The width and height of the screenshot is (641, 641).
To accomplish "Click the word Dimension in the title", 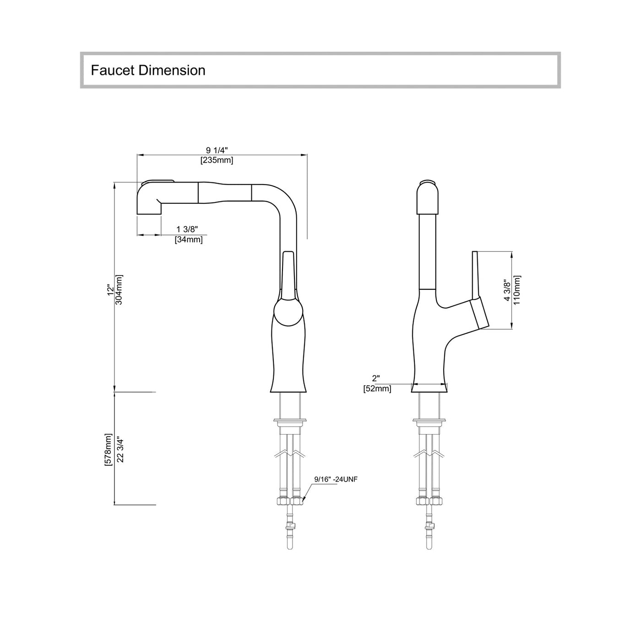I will [x=172, y=71].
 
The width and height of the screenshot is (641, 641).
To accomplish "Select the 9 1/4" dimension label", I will [x=217, y=151].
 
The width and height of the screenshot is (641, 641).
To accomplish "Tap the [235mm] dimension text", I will [x=217, y=160].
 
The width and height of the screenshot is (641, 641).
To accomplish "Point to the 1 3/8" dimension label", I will [x=187, y=229].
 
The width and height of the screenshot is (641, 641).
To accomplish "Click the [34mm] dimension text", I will [x=188, y=239].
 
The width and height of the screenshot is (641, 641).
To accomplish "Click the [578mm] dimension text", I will [x=109, y=450].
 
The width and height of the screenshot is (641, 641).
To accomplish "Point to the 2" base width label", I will [x=376, y=378].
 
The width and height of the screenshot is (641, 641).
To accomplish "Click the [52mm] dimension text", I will [x=377, y=389].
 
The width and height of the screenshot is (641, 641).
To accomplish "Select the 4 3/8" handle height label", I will [x=507, y=290].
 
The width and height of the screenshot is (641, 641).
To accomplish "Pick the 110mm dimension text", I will [x=517, y=290].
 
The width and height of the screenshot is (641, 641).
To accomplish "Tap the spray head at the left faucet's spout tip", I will [x=149, y=198].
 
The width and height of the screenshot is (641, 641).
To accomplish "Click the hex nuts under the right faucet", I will [x=429, y=501].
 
